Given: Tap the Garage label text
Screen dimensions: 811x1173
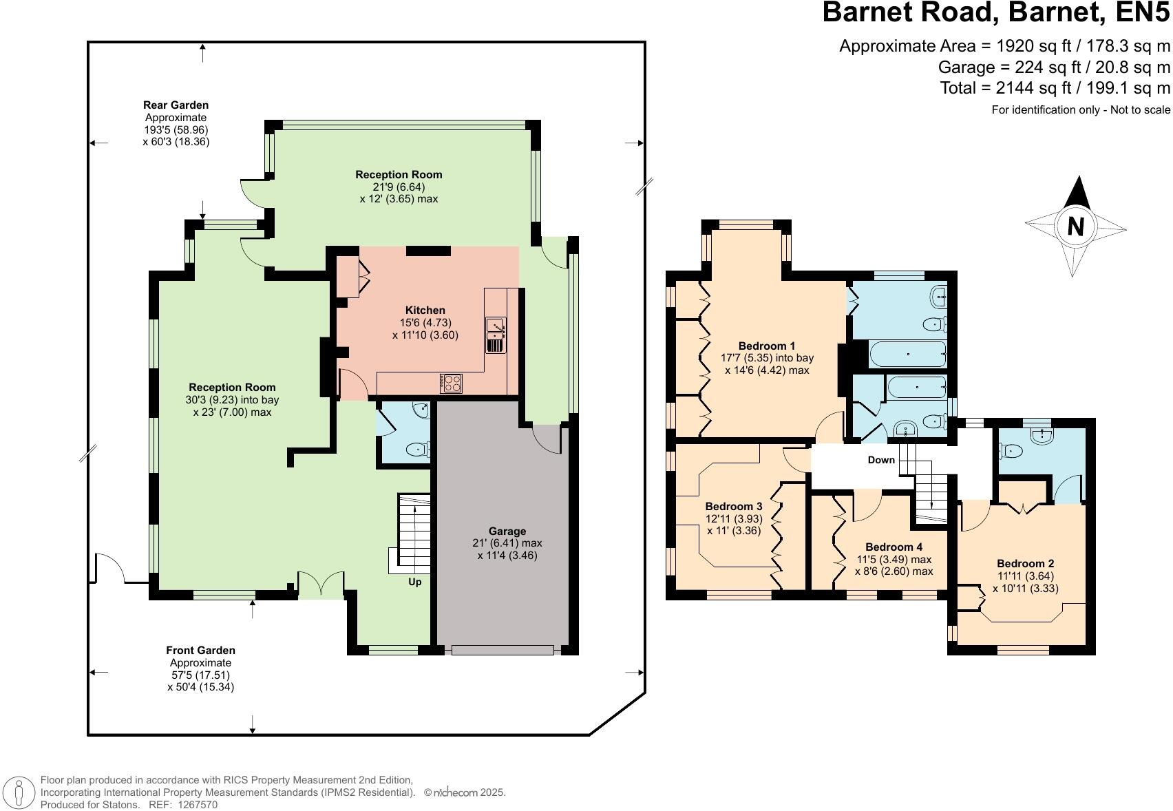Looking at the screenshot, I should click(x=507, y=531).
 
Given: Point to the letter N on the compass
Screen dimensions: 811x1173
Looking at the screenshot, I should click(x=1075, y=226).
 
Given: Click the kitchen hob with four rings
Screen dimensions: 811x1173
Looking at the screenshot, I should click(x=452, y=383).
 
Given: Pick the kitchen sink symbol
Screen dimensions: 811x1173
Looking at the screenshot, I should click(x=495, y=335).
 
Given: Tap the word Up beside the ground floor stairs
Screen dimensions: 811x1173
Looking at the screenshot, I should click(x=415, y=582).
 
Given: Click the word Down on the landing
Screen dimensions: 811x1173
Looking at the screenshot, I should click(x=881, y=460).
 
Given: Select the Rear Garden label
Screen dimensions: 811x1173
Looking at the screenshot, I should click(x=176, y=105).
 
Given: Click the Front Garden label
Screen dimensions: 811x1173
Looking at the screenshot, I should click(x=200, y=650).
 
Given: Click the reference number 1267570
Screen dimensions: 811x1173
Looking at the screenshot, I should click(x=198, y=804).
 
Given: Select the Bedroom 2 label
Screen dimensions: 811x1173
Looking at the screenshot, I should click(x=1025, y=563).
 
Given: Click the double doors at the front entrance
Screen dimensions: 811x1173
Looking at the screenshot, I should click(x=321, y=584).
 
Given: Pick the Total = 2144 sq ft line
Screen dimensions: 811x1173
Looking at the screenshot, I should click(x=1055, y=88).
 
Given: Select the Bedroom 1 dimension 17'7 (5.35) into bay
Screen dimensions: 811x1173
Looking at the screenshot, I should click(x=767, y=358).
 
